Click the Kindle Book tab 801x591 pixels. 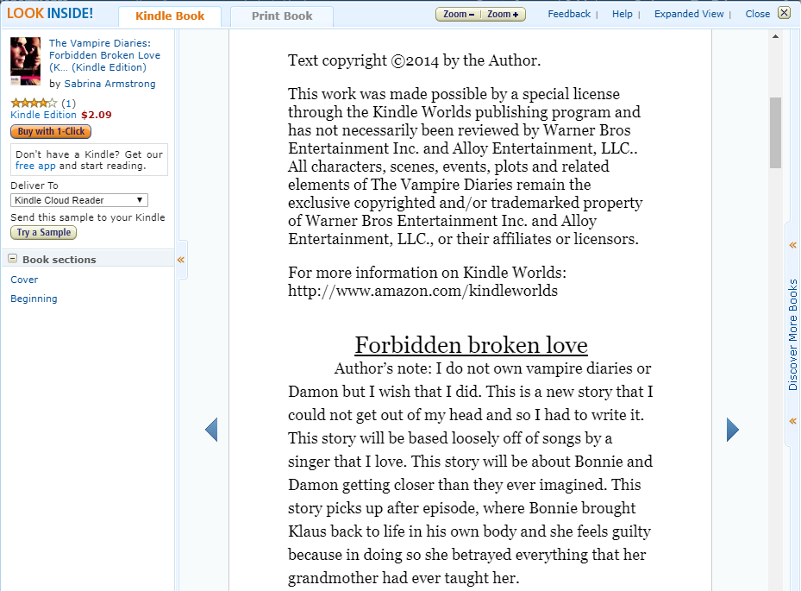[x=170, y=16]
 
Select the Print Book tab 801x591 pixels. [x=282, y=16]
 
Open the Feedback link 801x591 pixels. [x=569, y=14]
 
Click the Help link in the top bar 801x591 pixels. [x=622, y=14]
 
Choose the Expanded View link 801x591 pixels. [x=689, y=14]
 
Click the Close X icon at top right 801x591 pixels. [x=784, y=13]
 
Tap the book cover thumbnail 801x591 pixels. [x=25, y=61]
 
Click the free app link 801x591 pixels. [x=25, y=166]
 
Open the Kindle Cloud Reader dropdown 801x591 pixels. [x=79, y=200]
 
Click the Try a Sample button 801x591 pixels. [x=44, y=233]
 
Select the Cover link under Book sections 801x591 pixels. [x=24, y=280]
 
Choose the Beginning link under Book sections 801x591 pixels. [x=34, y=299]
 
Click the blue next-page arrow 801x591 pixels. [x=733, y=430]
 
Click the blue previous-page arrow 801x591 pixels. [x=211, y=430]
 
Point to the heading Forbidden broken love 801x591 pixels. [x=471, y=345]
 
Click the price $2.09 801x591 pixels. [x=96, y=115]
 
